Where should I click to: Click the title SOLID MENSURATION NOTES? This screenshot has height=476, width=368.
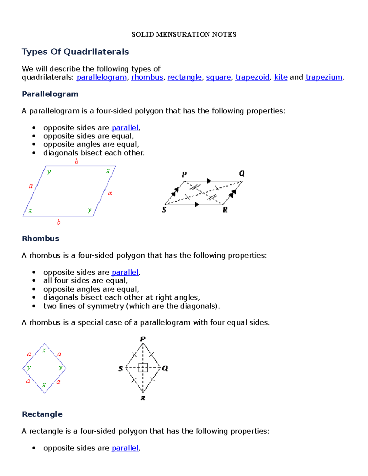[x=184, y=35]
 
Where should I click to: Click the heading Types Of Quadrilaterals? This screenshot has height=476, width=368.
[x=75, y=52]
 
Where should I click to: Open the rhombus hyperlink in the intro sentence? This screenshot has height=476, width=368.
[x=147, y=77]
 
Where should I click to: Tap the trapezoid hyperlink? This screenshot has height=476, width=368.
[x=252, y=77]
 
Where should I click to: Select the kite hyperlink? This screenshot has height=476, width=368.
[x=281, y=77]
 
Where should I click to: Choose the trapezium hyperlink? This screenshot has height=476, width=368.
[x=324, y=77]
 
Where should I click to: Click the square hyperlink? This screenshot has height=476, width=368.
[x=218, y=77]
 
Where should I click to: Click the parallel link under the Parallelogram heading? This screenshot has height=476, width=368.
[x=125, y=128]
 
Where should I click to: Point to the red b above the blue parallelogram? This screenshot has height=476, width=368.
[x=76, y=162]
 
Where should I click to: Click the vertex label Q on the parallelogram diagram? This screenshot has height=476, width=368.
[x=242, y=174]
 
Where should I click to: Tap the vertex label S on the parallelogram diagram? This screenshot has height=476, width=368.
[x=164, y=210]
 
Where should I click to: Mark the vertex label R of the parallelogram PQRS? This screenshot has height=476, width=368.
[x=225, y=210]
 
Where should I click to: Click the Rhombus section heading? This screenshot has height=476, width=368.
[x=40, y=238]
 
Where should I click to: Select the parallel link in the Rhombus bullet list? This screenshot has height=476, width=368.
[x=125, y=272]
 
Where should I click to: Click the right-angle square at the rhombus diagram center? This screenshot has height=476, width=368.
[x=143, y=367]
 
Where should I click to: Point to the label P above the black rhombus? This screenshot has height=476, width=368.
[x=143, y=339]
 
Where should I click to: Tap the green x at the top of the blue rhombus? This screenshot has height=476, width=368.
[x=44, y=350]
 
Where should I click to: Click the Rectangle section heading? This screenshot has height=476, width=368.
[x=42, y=414]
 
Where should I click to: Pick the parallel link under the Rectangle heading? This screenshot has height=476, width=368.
[x=125, y=448]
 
